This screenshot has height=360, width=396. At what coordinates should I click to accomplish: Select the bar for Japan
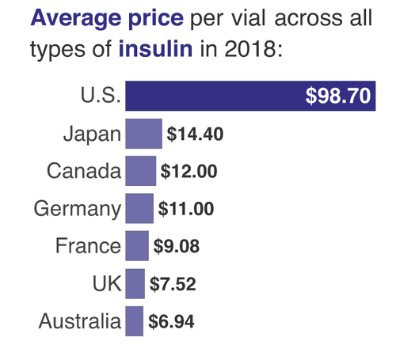point(143,133)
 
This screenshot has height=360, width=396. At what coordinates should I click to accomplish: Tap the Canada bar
point(140,170)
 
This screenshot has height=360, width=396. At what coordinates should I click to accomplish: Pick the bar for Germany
point(139,208)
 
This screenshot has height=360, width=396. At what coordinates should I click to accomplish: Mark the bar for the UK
point(135,283)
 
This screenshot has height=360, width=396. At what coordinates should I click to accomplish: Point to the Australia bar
point(134,321)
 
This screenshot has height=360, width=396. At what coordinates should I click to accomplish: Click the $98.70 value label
point(349,97)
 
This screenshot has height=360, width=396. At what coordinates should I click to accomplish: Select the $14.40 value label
point(195,133)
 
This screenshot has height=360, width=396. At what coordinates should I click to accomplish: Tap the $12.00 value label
point(188,170)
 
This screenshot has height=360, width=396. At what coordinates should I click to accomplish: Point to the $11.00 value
point(187,208)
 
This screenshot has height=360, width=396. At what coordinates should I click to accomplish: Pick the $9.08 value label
point(176,245)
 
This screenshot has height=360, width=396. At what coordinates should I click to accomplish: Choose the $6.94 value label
point(170,321)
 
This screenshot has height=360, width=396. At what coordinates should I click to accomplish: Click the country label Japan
point(91,133)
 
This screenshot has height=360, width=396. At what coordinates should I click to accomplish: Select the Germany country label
point(77,209)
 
